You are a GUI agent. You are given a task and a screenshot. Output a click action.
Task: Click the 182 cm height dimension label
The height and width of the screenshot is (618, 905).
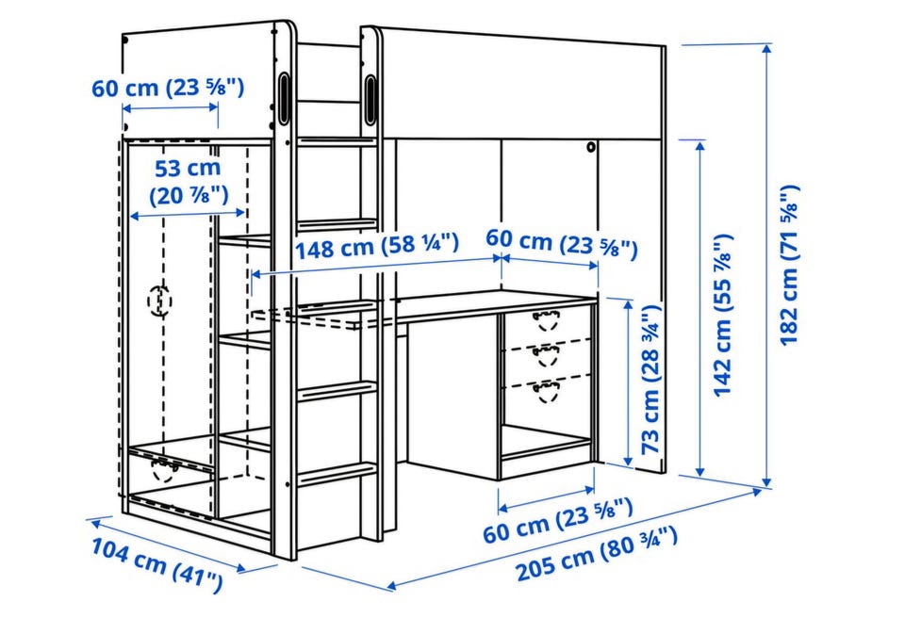coord(790,265)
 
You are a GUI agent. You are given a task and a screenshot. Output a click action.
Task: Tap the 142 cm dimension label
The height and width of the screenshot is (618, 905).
coord(723,315)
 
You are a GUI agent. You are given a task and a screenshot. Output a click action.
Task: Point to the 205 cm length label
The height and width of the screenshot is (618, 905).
coord(597,553)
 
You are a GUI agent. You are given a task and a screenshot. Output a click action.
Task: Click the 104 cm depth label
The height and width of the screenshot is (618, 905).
coord(157,565)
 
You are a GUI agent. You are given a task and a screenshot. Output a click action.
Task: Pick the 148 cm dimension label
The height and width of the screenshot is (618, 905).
coord(377,246)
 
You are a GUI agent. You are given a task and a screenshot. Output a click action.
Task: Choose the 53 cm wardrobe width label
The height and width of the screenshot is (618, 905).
coord(189,182)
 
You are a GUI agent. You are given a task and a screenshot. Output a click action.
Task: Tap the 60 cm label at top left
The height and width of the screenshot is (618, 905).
coord(168,88)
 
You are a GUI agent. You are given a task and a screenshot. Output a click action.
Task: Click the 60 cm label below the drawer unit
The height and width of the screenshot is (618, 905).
coord(558,522)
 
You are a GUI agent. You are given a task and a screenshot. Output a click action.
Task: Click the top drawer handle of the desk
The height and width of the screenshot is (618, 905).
coord(547,320)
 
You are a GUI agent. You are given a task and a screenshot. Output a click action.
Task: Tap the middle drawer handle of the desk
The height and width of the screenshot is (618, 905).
coord(546,356)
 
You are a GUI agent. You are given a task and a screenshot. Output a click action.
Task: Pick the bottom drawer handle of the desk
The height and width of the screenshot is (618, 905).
coord(546,391)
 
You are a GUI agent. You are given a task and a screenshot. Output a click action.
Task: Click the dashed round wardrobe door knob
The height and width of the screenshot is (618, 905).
coord(159,301)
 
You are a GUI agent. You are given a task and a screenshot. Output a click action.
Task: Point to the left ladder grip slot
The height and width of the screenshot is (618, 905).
coord(284,98)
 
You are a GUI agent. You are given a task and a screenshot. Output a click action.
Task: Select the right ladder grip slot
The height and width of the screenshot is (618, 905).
coord(370,99)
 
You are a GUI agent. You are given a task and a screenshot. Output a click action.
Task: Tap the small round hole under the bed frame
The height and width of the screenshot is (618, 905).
coord(591,147)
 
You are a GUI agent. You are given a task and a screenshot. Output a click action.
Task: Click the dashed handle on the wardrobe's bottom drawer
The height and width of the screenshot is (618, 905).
coord(164,470)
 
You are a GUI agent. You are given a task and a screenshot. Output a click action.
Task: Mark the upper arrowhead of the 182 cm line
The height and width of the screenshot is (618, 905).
coord(767,48)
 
